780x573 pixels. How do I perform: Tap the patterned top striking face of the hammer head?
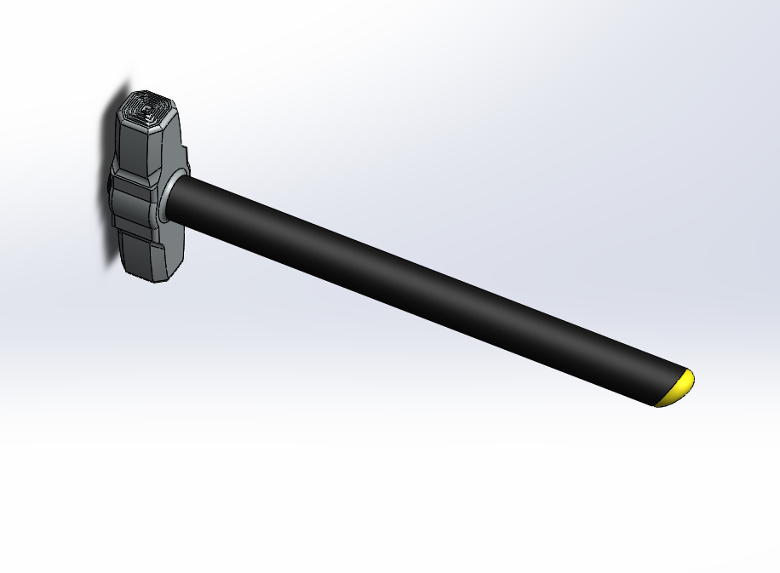pyautogui.click(x=147, y=108)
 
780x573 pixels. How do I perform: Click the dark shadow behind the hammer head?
pyautogui.click(x=111, y=238)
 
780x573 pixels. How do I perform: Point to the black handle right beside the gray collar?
pyautogui.click(x=192, y=200)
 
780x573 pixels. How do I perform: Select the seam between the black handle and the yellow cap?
pyautogui.click(x=668, y=387)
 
